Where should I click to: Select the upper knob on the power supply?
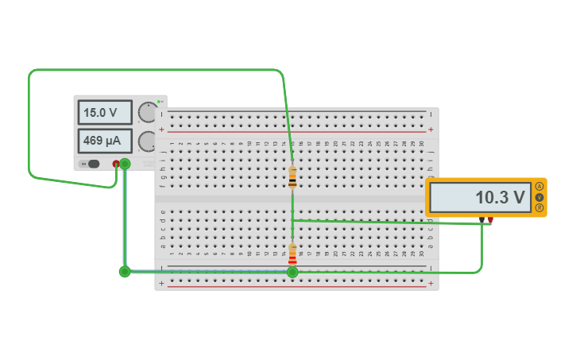coord(148,112)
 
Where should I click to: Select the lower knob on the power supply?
coord(148,141)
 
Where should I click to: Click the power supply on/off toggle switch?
coord(92,164)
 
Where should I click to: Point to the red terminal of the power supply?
coord(116,164)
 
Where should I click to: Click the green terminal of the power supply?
coord(125,164)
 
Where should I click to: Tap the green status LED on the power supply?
coord(159,102)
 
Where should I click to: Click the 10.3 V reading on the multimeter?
coord(480,197)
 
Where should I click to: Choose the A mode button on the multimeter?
coord(539,187)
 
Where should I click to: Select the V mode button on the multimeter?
coord(539,197)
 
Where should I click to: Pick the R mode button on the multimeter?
coord(539,207)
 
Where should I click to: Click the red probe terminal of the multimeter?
coord(491,219)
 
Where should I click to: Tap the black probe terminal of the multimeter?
coord(481,219)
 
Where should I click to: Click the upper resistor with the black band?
coord(292,178)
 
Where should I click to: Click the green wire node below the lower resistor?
coord(292,272)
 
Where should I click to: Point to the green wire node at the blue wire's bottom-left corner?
coord(125,272)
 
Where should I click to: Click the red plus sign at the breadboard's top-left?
coord(162,129)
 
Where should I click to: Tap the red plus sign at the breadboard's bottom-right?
coord(431,283)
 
